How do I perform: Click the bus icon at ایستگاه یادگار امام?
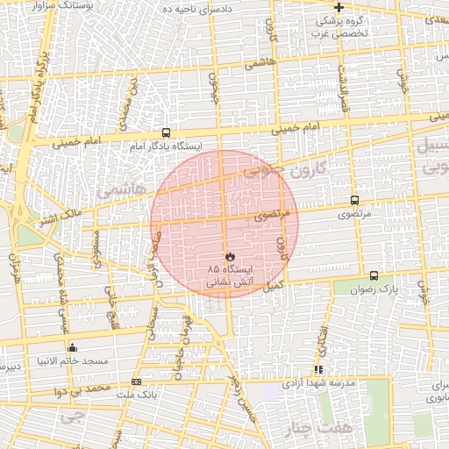(167, 132)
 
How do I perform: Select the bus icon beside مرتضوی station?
(354, 201)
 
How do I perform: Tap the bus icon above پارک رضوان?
(374, 275)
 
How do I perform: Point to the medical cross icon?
(339, 7)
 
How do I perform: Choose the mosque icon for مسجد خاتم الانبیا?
(72, 347)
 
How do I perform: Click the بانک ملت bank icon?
(136, 381)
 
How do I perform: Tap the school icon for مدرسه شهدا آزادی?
(318, 369)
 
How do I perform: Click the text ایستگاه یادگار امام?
(167, 146)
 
